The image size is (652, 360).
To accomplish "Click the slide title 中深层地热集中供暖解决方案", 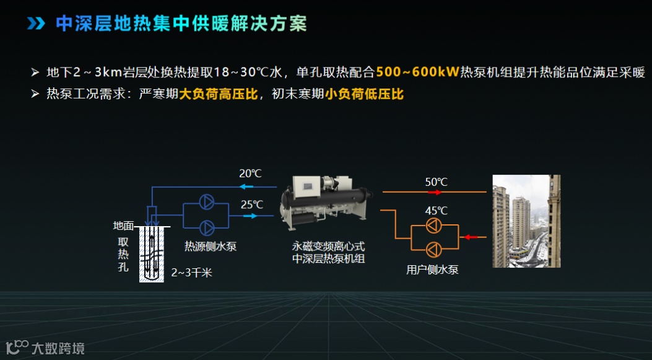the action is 181,24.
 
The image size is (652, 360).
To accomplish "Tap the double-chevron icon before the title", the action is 37,24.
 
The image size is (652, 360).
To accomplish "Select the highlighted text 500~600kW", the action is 417,72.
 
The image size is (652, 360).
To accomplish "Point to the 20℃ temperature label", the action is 250,173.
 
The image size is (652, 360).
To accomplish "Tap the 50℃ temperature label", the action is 436,182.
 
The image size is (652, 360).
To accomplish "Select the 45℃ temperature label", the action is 436,211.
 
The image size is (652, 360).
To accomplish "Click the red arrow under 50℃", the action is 432,193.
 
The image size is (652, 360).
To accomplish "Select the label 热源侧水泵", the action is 211,247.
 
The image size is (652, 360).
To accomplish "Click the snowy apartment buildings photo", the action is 526,221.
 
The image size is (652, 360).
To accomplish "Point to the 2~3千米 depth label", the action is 191,272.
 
